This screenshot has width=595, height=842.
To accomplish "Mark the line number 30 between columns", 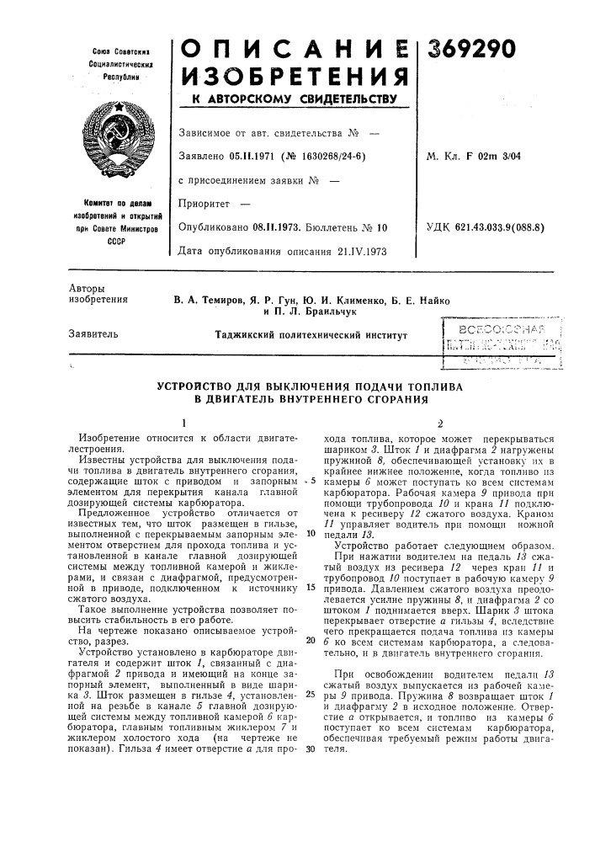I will point(300,752).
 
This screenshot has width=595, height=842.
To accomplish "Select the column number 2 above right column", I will point(438,424).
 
